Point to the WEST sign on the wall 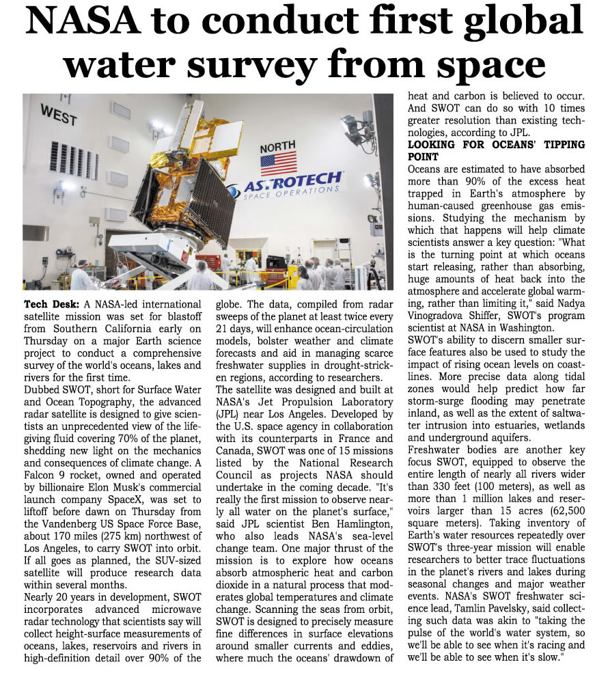[59, 114]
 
